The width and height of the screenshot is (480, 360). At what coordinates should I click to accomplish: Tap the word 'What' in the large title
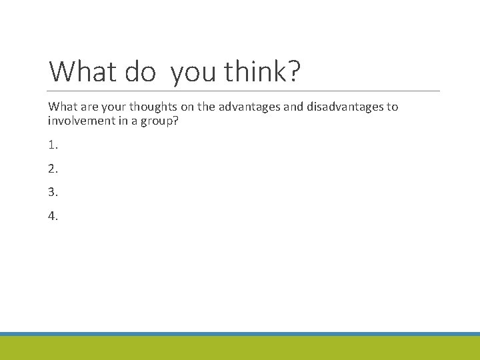82,72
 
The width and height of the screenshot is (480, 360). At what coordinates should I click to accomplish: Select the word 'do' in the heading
140,72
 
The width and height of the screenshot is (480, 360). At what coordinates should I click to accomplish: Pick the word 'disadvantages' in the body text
338,107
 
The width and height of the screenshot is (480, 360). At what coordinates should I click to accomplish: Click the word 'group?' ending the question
165,121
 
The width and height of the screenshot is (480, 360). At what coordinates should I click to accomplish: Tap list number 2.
53,169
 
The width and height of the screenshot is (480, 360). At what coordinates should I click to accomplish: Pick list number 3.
53,192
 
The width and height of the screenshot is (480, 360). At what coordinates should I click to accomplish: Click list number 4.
53,215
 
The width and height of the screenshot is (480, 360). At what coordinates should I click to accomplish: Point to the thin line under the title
244,91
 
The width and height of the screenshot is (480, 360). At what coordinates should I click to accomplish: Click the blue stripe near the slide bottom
240,333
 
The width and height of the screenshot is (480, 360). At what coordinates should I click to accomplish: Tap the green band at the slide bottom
240,348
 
